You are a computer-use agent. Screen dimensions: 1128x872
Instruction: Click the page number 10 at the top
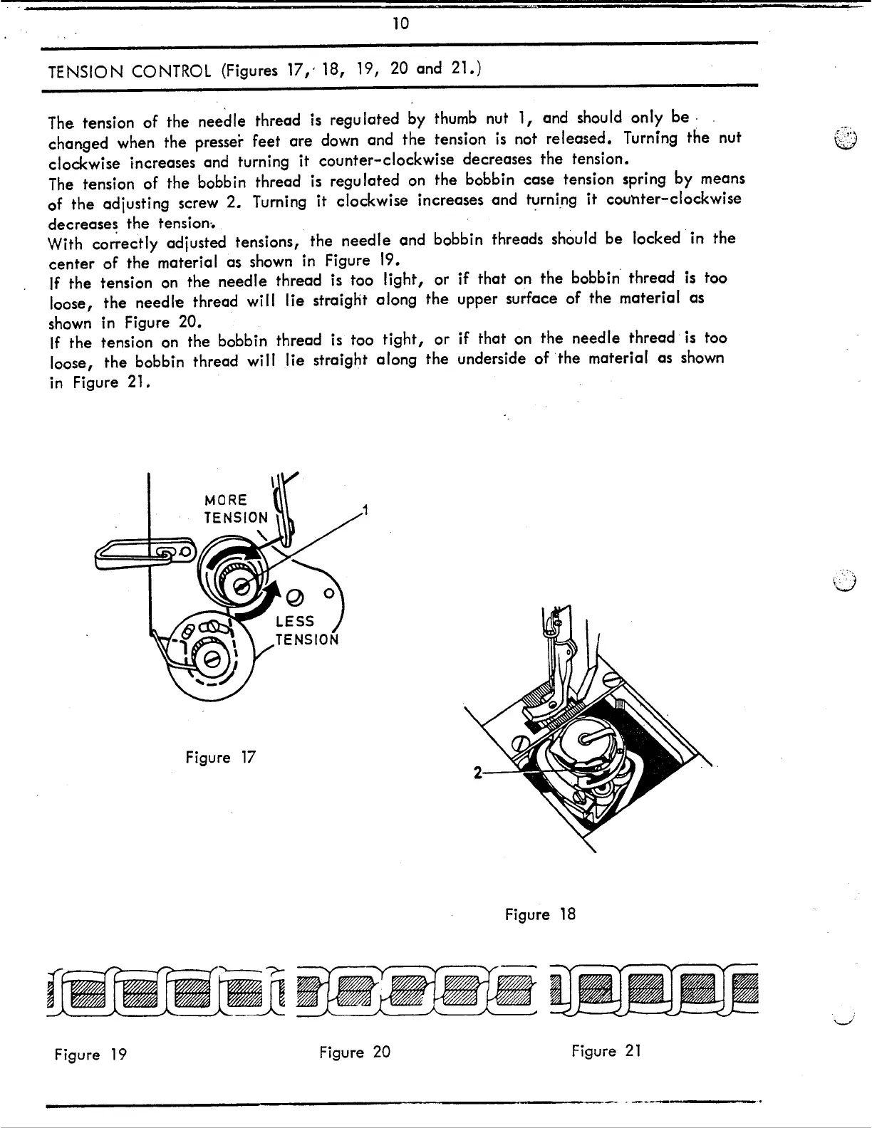pos(401,23)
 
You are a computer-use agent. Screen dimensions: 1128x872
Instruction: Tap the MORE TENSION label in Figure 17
pos(236,508)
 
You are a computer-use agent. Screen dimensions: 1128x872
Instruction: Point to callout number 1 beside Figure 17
pos(364,510)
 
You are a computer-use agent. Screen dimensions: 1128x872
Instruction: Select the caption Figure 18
pos(539,914)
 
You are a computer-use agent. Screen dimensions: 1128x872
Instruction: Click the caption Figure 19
pos(90,1054)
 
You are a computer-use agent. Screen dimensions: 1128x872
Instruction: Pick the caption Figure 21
pos(606,1050)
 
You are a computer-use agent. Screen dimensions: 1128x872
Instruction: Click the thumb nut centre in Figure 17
pos(242,585)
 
